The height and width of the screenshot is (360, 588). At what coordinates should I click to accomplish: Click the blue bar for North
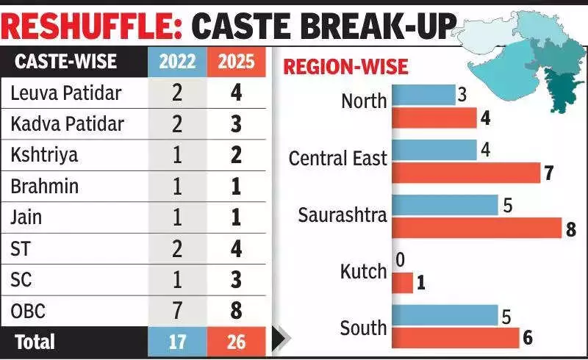[423, 94]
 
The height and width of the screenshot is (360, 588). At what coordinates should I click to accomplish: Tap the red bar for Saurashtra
[476, 228]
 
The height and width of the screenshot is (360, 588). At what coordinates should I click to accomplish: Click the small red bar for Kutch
[402, 282]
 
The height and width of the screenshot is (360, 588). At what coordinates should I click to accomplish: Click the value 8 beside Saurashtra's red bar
[570, 228]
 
